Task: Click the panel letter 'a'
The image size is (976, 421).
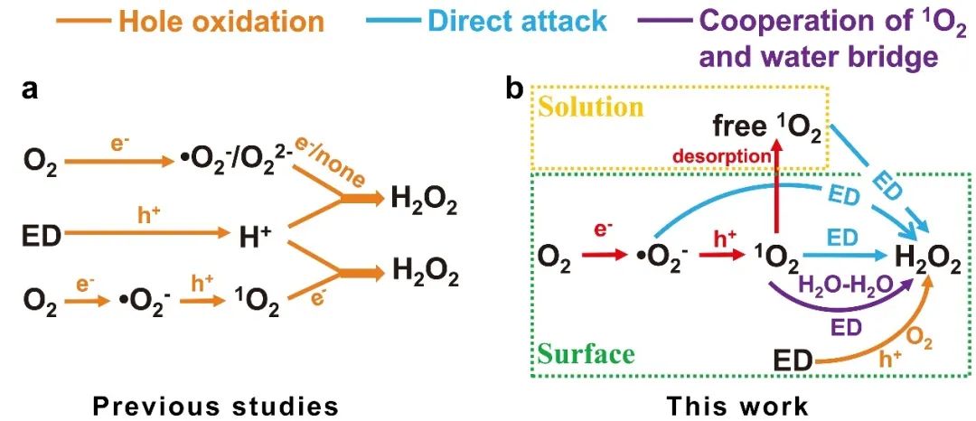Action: (30, 90)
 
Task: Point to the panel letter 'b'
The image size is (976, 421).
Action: (514, 90)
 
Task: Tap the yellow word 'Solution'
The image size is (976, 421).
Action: (592, 108)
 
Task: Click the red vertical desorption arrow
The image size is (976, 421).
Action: (777, 194)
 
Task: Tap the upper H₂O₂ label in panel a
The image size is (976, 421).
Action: (424, 197)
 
